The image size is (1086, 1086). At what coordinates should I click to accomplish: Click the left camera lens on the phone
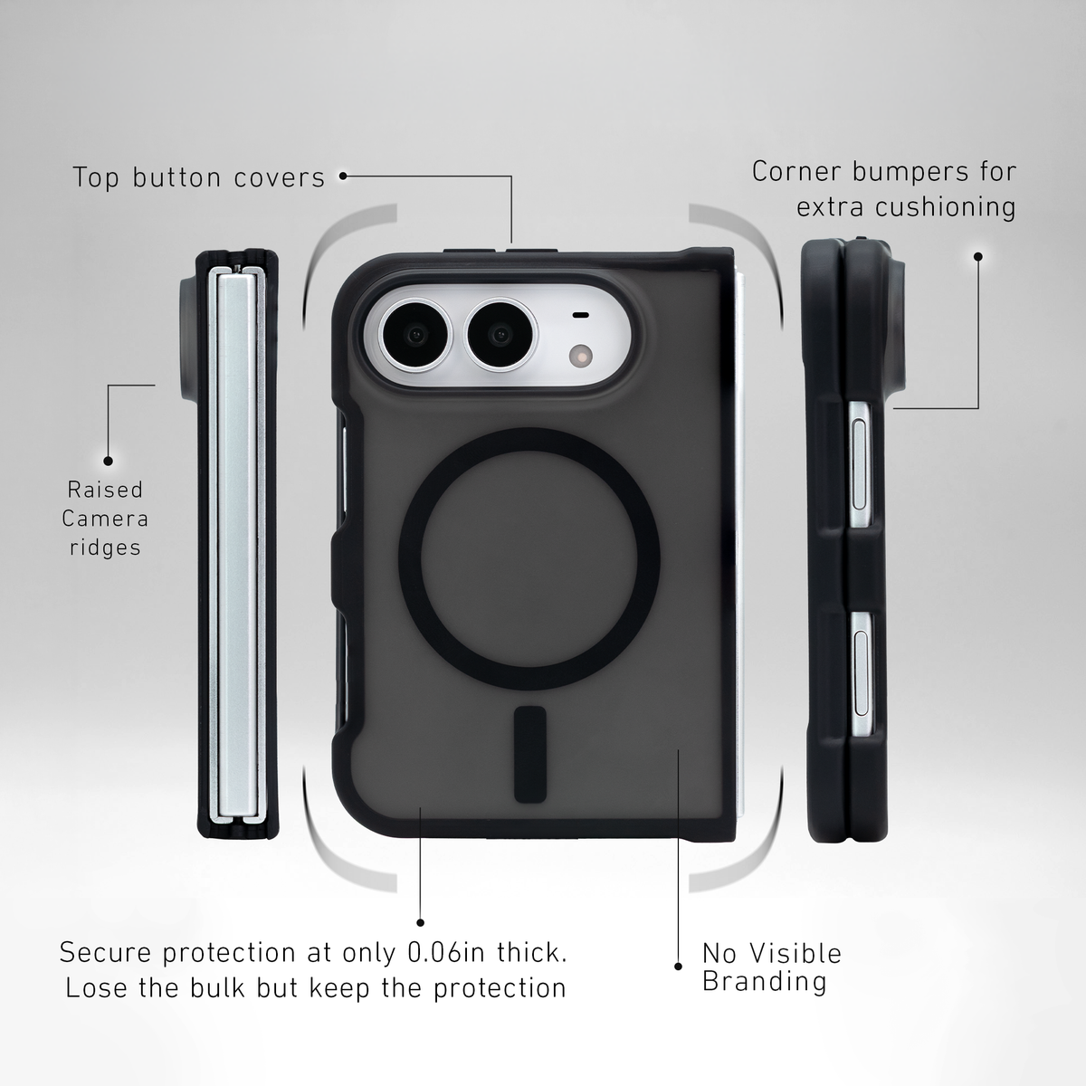point(416,336)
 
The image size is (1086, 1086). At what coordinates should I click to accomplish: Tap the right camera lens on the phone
point(500,336)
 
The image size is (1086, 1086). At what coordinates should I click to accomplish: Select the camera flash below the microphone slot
point(581,357)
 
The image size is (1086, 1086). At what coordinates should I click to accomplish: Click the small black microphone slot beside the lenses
point(581,315)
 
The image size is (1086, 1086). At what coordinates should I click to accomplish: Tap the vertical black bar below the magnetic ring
point(530,754)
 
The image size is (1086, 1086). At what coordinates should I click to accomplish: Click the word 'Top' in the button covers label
point(96,178)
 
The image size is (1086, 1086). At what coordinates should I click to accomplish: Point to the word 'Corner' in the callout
point(796,171)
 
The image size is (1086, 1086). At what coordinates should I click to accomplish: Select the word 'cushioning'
point(946,207)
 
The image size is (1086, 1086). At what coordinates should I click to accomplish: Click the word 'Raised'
point(105,490)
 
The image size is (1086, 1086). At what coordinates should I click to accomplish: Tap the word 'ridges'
point(105,548)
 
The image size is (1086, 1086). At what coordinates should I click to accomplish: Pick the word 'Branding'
point(764,981)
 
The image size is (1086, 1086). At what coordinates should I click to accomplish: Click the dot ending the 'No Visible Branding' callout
point(678,967)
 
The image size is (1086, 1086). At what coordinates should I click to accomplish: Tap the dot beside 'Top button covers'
point(343,176)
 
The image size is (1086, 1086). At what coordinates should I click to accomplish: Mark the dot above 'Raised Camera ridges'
point(109,461)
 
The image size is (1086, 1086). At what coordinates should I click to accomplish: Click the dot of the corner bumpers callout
point(978,256)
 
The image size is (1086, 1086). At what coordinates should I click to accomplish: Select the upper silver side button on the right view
point(859,465)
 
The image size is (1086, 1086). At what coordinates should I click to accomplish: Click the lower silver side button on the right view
point(862,674)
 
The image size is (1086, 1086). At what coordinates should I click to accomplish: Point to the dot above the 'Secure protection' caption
point(421,922)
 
